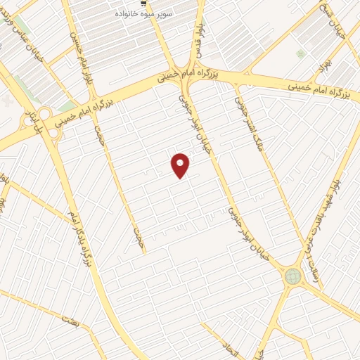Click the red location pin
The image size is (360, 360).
click(181, 165)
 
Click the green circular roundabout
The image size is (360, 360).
click(292, 277)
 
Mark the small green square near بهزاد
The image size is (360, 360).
click(301, 53)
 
